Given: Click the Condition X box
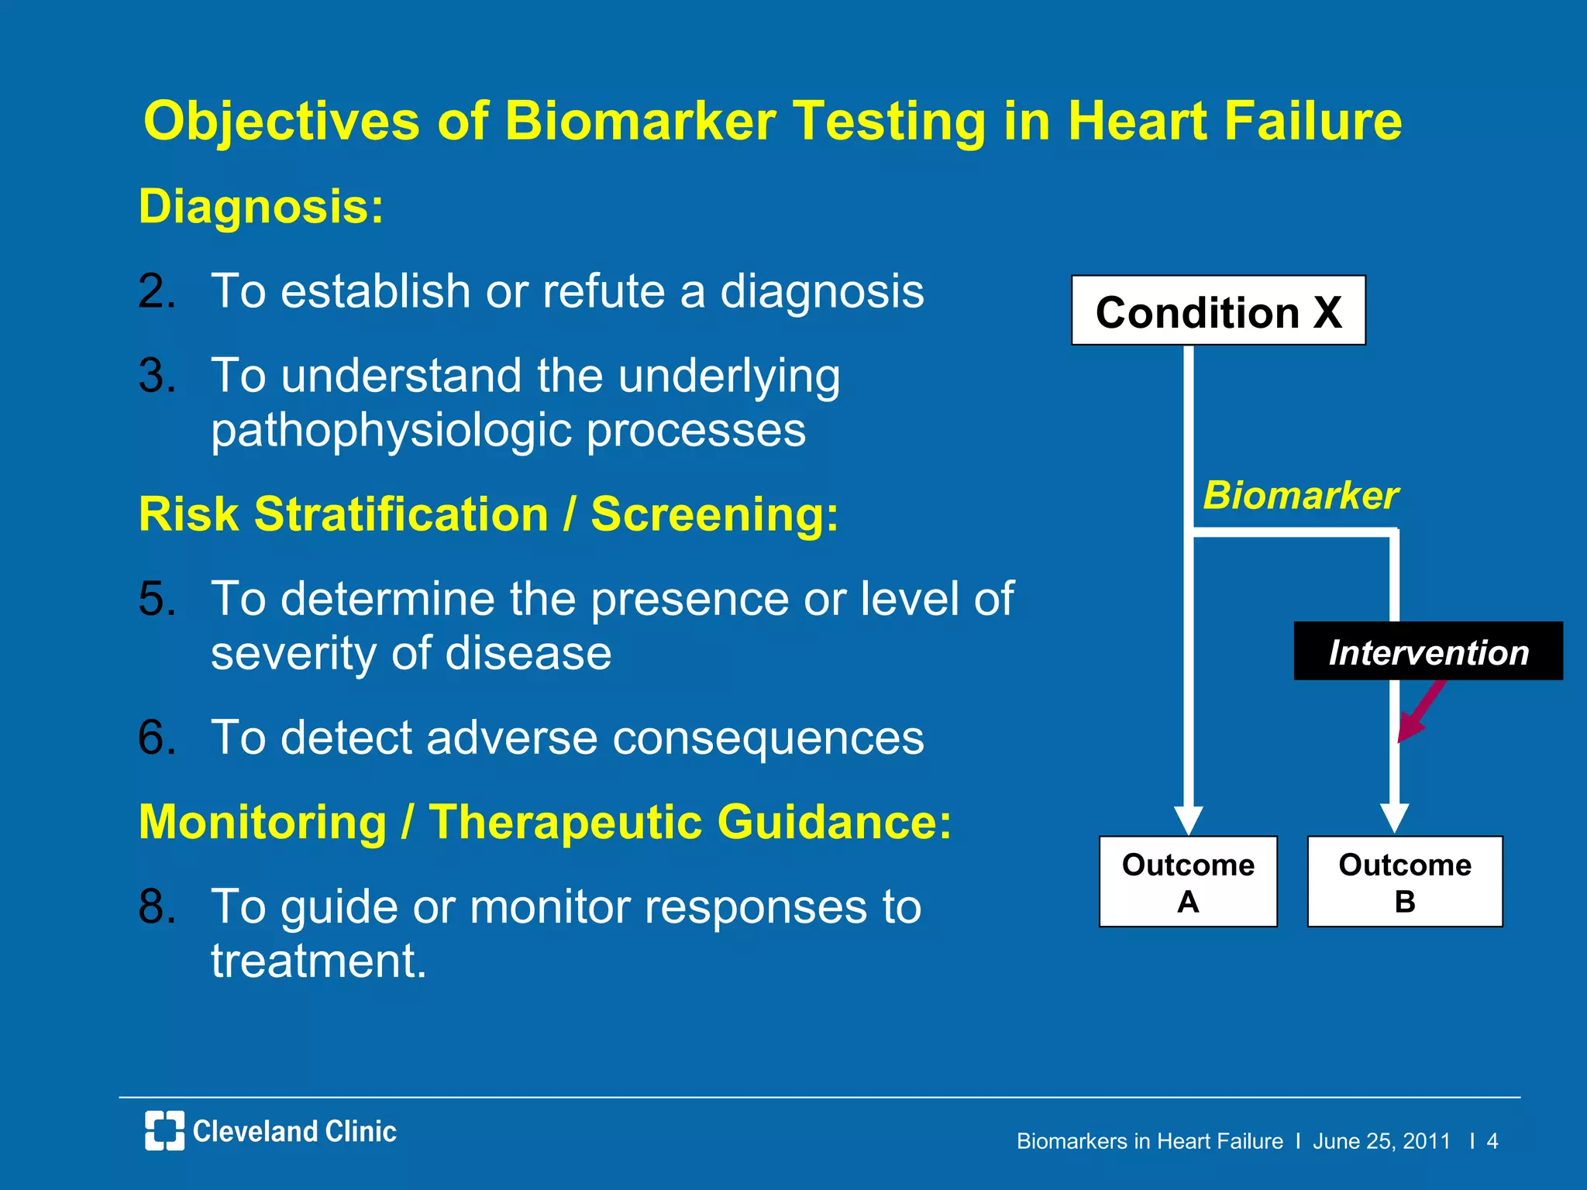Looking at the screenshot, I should point(1217,311).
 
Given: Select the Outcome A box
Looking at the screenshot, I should point(1187,882).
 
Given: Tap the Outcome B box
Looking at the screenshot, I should point(1404,882).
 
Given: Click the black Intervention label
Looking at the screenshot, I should point(1427,652).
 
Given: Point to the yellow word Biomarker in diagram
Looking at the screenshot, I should point(1300,495).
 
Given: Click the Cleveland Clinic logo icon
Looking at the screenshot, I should point(164,1130).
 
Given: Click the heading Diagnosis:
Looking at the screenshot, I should point(261,207).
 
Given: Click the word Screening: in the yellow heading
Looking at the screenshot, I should point(714,514).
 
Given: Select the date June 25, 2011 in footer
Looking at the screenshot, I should point(1381,1141).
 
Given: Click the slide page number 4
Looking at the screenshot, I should point(1492,1141).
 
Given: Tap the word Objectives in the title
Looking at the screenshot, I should point(281,122).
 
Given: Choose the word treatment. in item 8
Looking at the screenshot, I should point(318,961).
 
